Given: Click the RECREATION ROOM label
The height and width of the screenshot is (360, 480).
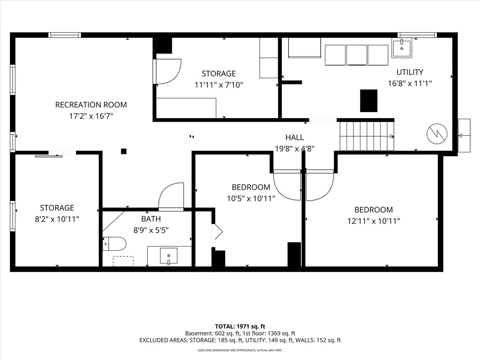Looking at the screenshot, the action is click(91, 105).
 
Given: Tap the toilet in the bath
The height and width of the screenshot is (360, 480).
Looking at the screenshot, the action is click(114, 244).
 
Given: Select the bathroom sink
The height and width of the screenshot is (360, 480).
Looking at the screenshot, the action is click(169, 256).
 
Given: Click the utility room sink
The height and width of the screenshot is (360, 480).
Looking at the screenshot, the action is click(402, 48).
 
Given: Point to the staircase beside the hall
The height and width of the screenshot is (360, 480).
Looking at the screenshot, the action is click(367, 136).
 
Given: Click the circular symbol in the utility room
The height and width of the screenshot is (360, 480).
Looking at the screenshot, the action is click(437, 134).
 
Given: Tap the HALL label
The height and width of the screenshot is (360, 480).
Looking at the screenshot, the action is click(294, 137).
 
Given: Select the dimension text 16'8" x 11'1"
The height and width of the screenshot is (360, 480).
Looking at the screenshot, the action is click(410, 83).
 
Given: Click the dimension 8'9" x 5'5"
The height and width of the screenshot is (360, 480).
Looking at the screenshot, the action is click(151, 230).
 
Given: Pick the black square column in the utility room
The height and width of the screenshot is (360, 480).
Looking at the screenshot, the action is click(368, 101).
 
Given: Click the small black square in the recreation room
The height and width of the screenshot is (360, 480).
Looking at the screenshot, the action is click(124, 151).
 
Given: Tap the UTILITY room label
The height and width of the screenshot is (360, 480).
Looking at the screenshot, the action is click(410, 72).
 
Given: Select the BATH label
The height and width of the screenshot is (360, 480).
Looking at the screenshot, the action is click(151, 219).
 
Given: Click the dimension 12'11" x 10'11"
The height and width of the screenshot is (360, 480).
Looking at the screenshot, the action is click(374, 221).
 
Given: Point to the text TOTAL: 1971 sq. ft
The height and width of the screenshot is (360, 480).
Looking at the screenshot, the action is click(240, 326).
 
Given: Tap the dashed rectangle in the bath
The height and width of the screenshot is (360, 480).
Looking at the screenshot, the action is click(123, 261).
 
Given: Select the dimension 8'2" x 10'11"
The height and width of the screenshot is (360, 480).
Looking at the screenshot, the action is click(57, 219).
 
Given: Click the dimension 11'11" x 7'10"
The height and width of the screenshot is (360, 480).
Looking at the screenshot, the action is click(218, 84).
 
